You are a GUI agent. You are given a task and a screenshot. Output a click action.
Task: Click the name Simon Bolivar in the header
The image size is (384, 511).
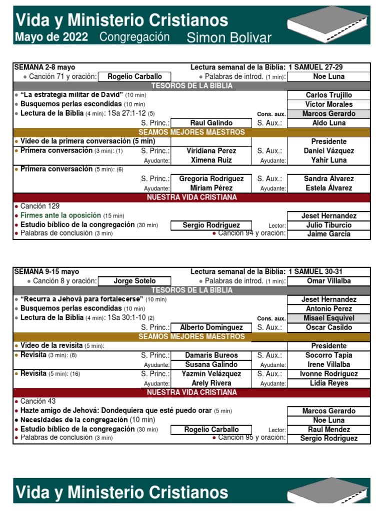[228, 38]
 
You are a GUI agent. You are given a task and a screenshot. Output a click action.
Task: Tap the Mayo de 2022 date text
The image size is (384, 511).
[51, 37]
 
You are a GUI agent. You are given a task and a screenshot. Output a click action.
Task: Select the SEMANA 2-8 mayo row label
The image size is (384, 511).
[45, 67]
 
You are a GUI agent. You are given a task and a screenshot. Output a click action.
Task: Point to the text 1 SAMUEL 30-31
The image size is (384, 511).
[315, 271]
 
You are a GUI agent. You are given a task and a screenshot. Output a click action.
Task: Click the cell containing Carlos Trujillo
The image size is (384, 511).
[328, 95]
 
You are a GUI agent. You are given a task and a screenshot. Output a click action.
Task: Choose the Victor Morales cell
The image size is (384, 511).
[328, 104]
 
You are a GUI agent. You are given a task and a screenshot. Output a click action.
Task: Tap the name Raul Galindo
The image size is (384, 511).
[211, 123]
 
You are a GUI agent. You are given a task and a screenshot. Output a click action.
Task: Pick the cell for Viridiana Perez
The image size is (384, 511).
[211, 151]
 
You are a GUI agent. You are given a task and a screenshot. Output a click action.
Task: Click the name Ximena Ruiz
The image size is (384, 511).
[211, 160]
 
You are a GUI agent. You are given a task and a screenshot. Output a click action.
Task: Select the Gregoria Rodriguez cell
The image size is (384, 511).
[211, 179]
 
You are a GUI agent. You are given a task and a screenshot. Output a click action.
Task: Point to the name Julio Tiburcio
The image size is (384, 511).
[328, 225]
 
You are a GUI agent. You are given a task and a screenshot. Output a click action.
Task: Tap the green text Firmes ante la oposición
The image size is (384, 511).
[60, 216]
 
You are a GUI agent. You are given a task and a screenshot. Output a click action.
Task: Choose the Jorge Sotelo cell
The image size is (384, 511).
[134, 281]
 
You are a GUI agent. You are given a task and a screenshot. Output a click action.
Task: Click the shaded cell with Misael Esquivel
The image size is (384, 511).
[328, 318]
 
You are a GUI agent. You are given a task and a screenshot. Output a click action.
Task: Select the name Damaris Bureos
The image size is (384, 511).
[211, 355]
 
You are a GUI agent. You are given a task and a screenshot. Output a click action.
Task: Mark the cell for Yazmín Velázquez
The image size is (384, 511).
[211, 374]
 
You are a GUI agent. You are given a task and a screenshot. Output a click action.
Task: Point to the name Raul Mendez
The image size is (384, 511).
[328, 430]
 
